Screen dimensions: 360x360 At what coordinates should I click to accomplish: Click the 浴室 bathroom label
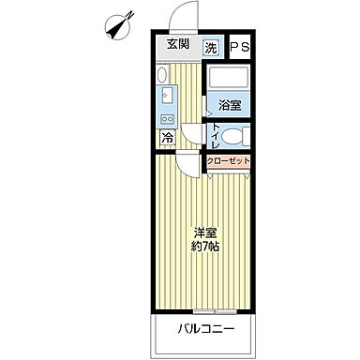[x=229, y=105]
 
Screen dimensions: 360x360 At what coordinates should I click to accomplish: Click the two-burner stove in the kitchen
[x=167, y=120]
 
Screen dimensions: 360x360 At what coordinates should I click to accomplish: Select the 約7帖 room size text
[x=206, y=248]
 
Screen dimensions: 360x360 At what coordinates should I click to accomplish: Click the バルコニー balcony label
[x=206, y=329]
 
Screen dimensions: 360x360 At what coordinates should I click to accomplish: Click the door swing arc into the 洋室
[x=192, y=166]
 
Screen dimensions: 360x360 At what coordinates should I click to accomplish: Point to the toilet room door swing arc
[x=192, y=134]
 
